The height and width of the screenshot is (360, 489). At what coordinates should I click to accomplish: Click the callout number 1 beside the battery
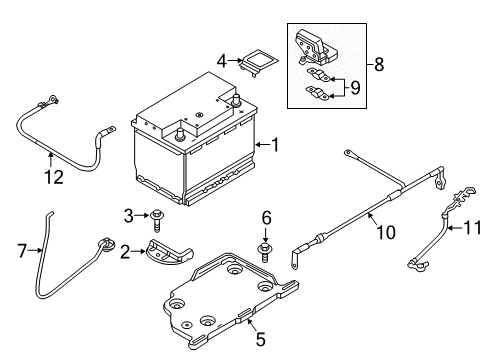[275, 145]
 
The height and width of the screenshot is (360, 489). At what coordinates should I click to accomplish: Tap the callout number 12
[54, 177]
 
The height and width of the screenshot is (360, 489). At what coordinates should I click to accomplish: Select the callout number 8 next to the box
[379, 64]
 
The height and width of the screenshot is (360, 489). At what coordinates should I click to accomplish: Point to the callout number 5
[261, 339]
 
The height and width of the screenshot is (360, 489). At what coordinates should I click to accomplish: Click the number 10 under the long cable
[386, 232]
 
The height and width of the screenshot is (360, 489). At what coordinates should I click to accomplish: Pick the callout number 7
[22, 251]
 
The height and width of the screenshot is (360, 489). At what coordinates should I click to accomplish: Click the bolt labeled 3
[156, 220]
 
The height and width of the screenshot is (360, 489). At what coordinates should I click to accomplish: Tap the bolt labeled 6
[265, 252]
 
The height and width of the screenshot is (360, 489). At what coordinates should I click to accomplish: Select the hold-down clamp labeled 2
[169, 252]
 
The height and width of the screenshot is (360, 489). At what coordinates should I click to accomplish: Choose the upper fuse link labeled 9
[318, 75]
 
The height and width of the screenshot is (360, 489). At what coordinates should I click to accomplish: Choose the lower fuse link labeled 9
[318, 93]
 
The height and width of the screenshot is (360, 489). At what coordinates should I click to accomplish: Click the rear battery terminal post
[236, 100]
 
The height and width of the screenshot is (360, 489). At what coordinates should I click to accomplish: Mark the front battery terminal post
[180, 134]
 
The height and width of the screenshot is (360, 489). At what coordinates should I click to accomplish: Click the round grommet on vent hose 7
[106, 244]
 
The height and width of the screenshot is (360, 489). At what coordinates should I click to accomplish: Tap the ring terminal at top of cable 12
[52, 99]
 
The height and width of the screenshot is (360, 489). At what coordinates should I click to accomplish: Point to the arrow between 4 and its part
[236, 60]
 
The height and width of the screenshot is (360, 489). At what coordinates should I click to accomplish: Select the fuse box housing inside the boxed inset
[315, 47]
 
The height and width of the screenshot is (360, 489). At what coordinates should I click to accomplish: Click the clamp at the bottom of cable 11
[418, 265]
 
